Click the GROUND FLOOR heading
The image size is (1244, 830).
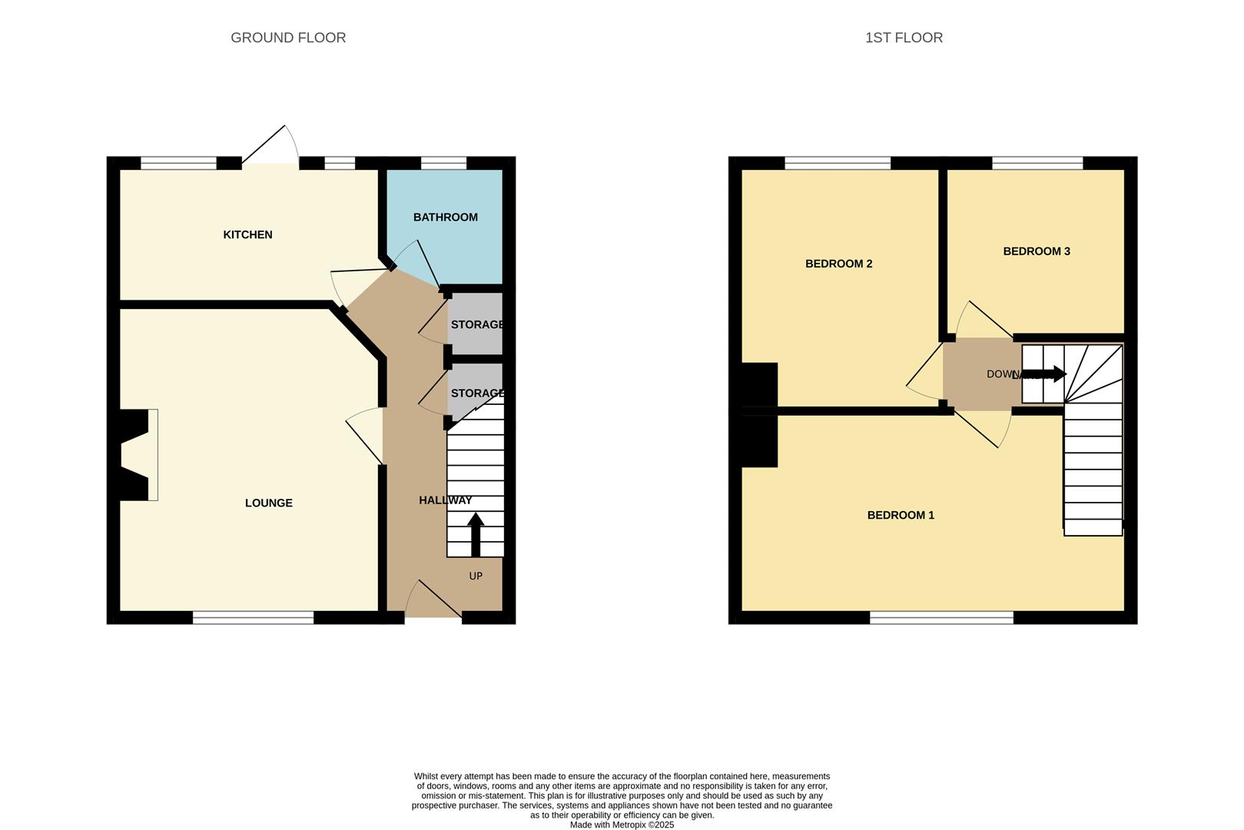pyautogui.click(x=288, y=38)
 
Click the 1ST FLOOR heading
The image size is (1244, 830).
pyautogui.click(x=904, y=38)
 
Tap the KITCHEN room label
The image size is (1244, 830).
pyautogui.click(x=247, y=234)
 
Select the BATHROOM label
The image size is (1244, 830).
pyautogui.click(x=445, y=217)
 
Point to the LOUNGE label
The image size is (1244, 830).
pyautogui.click(x=268, y=503)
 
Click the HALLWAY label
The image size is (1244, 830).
pyautogui.click(x=445, y=500)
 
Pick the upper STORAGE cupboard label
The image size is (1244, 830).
pyautogui.click(x=476, y=325)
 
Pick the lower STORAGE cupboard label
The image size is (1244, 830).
pyautogui.click(x=476, y=393)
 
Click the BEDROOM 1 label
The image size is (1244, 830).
pyautogui.click(x=901, y=515)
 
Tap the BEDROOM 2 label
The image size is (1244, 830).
pyautogui.click(x=838, y=264)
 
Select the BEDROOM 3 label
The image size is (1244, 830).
pyautogui.click(x=1036, y=251)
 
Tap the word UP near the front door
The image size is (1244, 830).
pyautogui.click(x=476, y=576)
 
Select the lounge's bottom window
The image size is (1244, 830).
pyautogui.click(x=253, y=617)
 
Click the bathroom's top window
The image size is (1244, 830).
pyautogui.click(x=443, y=163)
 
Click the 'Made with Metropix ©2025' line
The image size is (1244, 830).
pyautogui.click(x=622, y=825)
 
